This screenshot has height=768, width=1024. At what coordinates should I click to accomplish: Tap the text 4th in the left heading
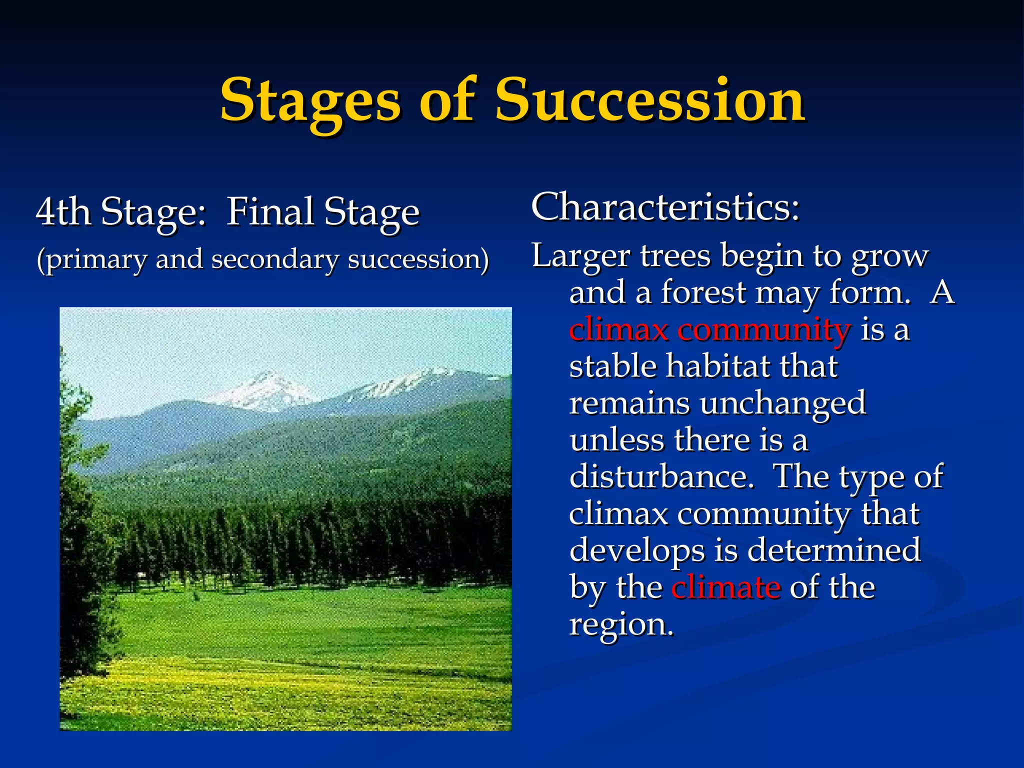coord(63,212)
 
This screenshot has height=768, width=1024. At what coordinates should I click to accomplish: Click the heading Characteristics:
coord(665,207)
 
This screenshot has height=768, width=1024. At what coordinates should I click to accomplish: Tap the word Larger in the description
coord(580,256)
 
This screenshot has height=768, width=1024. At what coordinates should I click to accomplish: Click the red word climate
coord(725,587)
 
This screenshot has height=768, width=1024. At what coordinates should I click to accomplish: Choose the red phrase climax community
coord(709,330)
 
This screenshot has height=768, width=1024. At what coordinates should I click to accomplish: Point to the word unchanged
coord(782,404)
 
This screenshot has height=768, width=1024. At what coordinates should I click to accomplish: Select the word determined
coord(833,550)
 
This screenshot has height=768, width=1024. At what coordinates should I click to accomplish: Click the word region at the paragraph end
coord(621,625)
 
